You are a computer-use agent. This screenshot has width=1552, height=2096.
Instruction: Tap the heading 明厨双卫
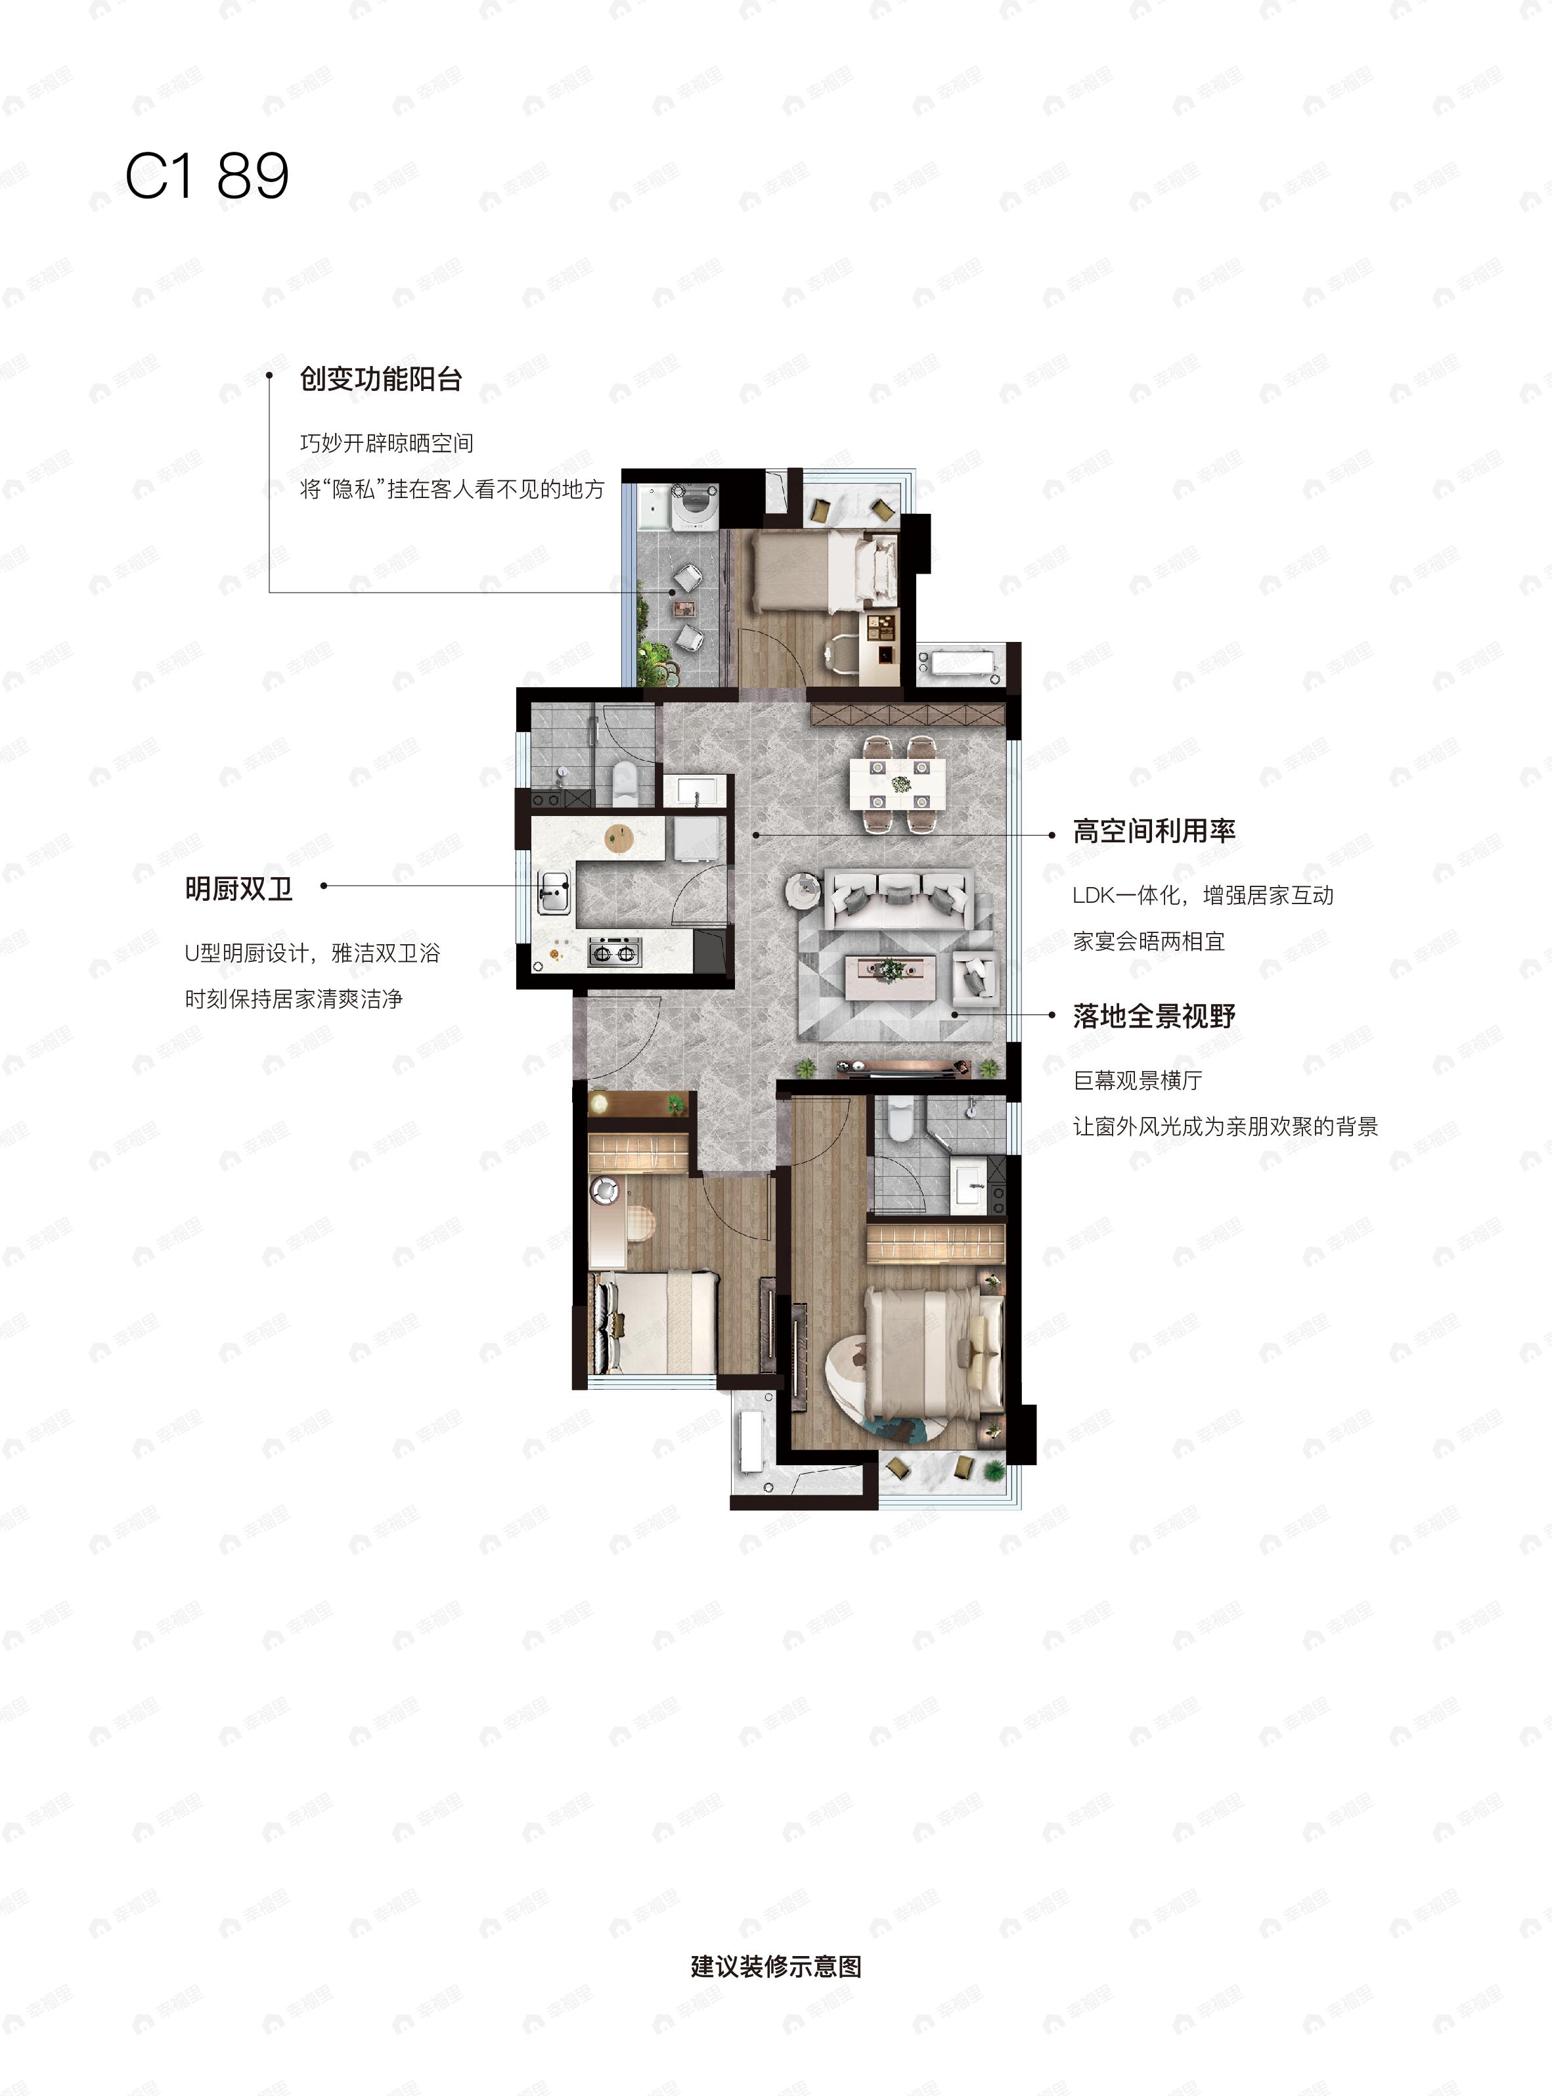click(x=238, y=888)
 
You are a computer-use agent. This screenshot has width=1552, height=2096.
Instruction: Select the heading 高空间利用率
click(x=1154, y=831)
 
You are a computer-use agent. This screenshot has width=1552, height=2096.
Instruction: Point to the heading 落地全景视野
click(x=1154, y=1016)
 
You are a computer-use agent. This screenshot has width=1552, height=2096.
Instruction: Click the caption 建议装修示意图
click(x=776, y=1967)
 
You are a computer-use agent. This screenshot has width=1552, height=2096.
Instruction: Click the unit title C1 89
click(x=207, y=176)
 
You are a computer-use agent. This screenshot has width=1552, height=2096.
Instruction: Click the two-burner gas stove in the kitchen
click(x=614, y=952)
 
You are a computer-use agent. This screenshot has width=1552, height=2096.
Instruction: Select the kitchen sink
click(x=552, y=891)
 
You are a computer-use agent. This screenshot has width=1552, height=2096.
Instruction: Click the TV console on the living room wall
click(x=903, y=1067)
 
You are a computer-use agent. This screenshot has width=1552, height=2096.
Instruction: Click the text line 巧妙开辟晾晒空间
click(x=387, y=443)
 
